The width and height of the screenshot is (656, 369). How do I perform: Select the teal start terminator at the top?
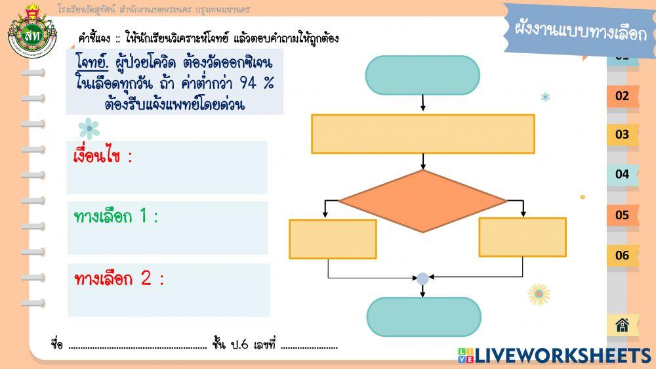pos(422,75)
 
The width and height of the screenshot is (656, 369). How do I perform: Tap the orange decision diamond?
pos(422,201)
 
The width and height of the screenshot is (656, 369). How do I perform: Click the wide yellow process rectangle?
pos(422,134)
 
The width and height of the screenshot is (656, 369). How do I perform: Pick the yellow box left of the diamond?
pos(333,239)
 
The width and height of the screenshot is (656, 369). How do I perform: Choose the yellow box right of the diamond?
pos(522,237)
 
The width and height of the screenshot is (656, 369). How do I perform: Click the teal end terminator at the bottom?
pos(424,317)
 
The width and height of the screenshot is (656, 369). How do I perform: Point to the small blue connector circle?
pos(422,278)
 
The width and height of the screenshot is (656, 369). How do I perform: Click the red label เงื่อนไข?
pos(103,158)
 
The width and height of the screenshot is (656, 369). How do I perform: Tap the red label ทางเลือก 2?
pos(119,278)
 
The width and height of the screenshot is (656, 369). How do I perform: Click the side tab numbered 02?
pos(622,96)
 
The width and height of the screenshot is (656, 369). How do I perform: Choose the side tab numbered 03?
pos(622,135)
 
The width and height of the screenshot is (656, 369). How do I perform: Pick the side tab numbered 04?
pos(622,175)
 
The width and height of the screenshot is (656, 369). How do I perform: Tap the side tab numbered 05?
pos(622,215)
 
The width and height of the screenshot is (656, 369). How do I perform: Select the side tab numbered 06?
pos(622,255)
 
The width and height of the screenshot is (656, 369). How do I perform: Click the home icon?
pos(622,324)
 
